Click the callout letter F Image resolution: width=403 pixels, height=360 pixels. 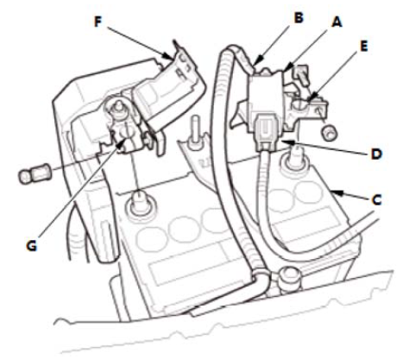tap(98, 22)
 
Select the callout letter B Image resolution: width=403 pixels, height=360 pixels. tap(299, 17)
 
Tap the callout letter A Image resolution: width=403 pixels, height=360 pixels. tap(337, 22)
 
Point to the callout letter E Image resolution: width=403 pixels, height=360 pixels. tap(364, 46)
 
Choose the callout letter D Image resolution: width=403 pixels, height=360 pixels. tap(376, 154)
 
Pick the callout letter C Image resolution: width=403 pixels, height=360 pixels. tap(376, 199)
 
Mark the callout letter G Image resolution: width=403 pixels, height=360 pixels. tap(32, 245)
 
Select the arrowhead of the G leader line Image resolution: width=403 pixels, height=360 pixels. tap(123, 143)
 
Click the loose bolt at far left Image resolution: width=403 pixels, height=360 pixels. tap(35, 174)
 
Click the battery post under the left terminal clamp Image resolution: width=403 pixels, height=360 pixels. tap(140, 203)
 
